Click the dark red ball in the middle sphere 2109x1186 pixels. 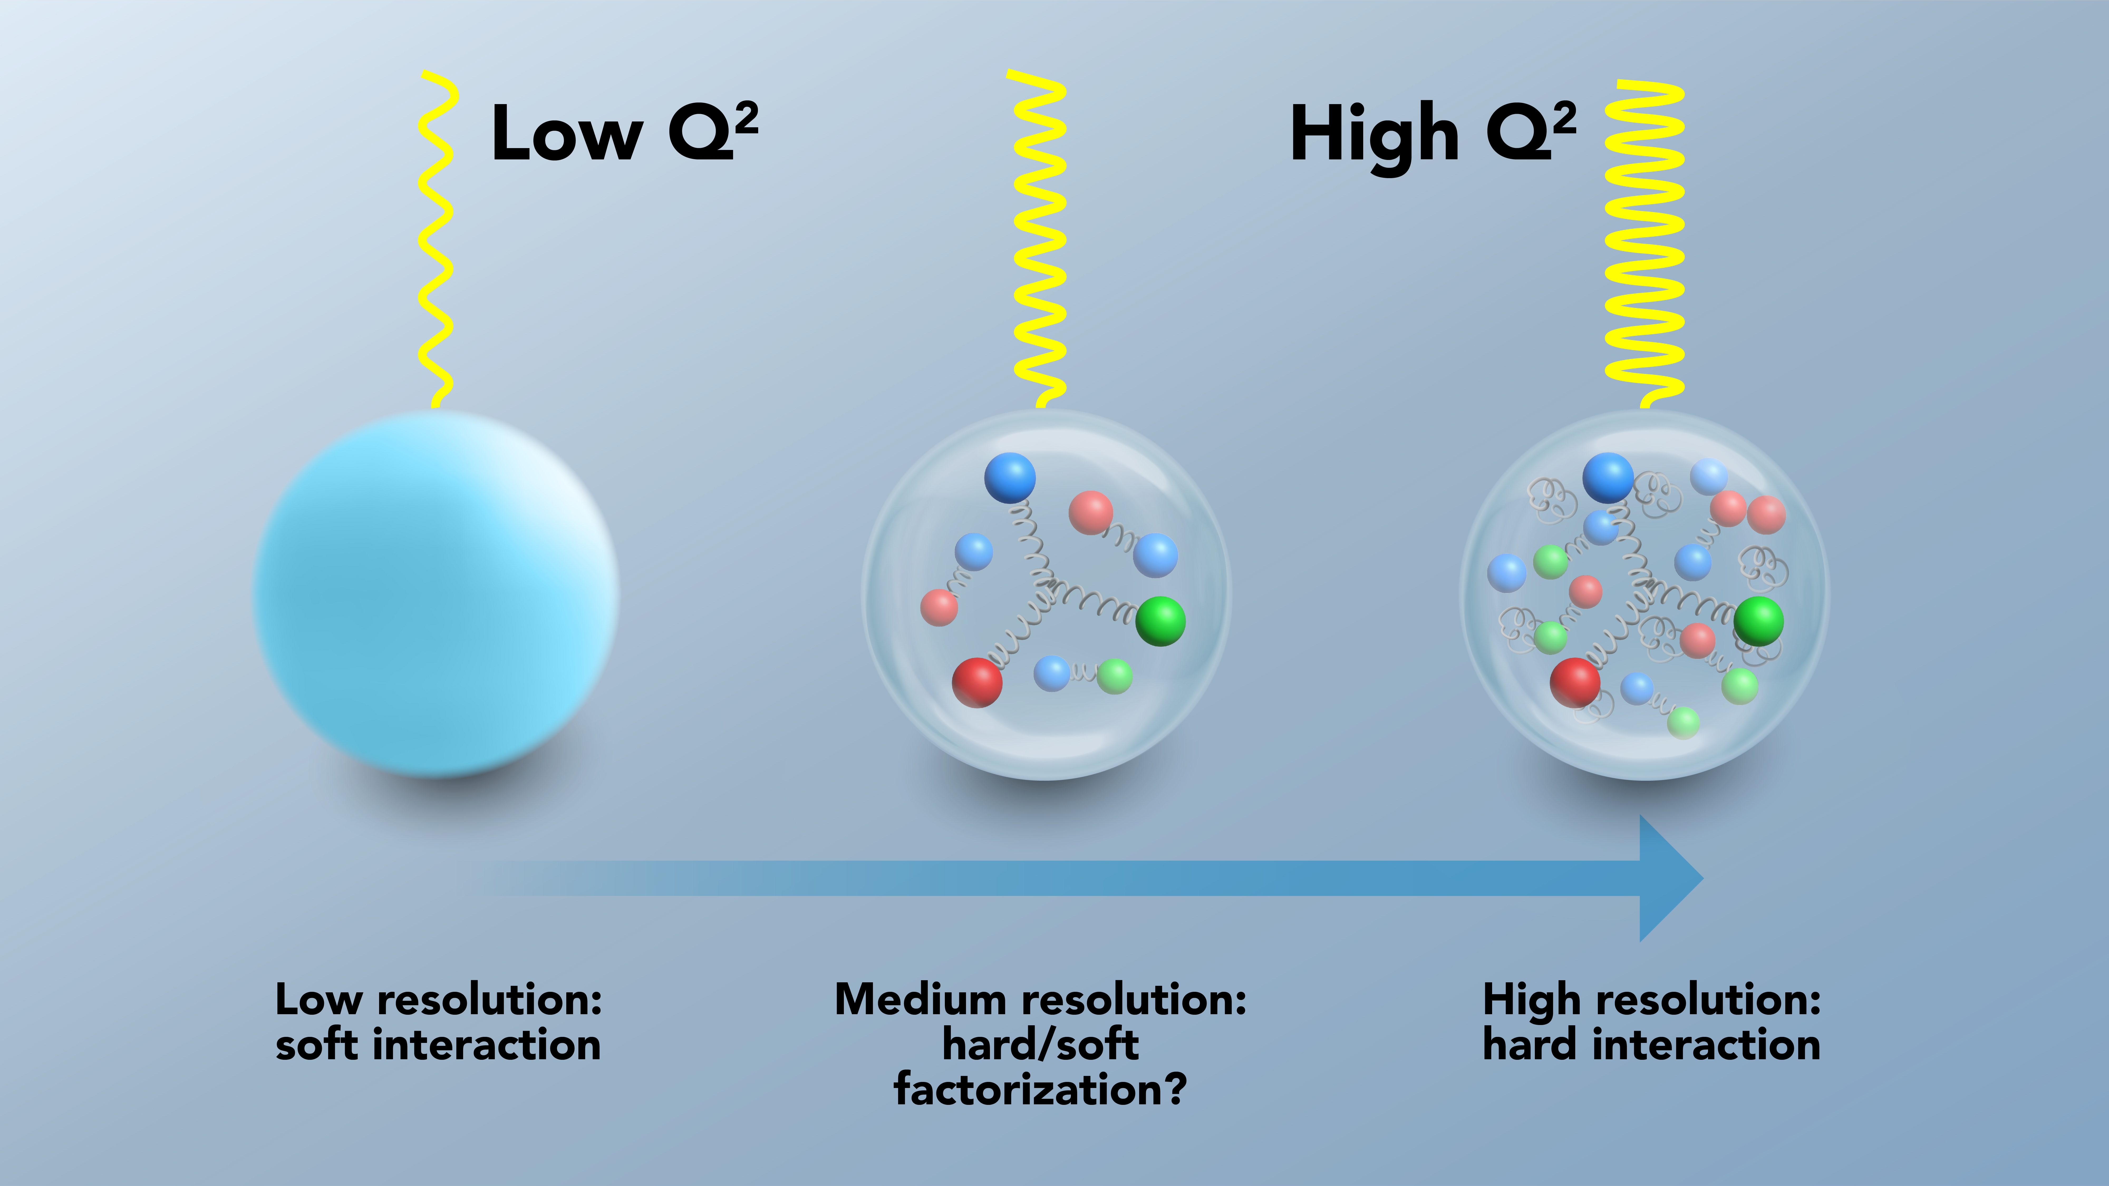click(x=977, y=682)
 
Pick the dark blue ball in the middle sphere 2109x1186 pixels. click(x=1009, y=477)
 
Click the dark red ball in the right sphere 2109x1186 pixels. click(x=1574, y=682)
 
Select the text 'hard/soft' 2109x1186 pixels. click(x=1040, y=1045)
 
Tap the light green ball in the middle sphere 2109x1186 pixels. click(x=1114, y=676)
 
